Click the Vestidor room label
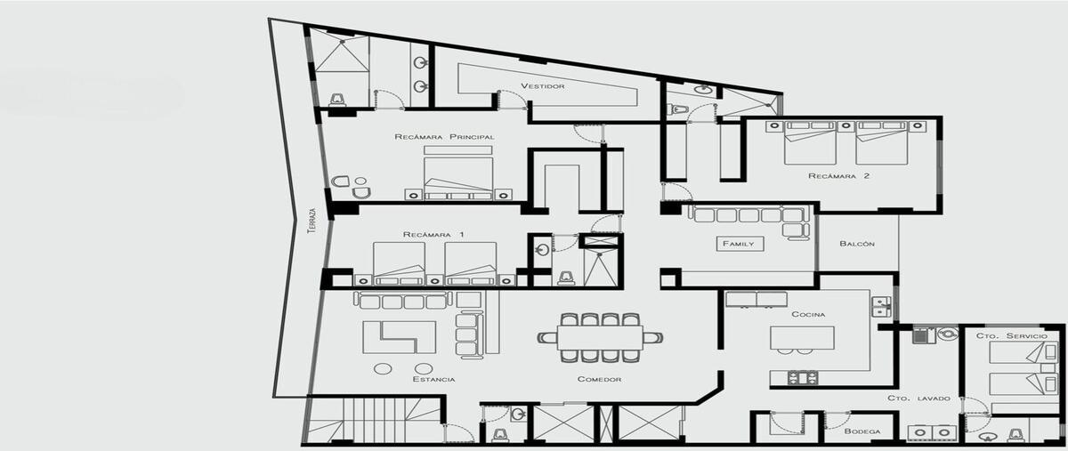click(543, 86)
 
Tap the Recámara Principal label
click(444, 137)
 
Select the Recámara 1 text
click(433, 235)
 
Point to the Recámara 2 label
click(838, 176)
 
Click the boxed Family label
click(739, 244)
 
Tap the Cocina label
click(808, 314)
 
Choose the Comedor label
click(599, 379)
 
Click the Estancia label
click(433, 379)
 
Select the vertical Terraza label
click(312, 221)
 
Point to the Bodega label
click(862, 431)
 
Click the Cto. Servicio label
click(1012, 336)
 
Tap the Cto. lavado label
click(918, 399)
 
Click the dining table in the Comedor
click(600, 338)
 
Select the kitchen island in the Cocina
click(802, 337)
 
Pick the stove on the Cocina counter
click(803, 378)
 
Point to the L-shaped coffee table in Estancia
click(400, 337)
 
